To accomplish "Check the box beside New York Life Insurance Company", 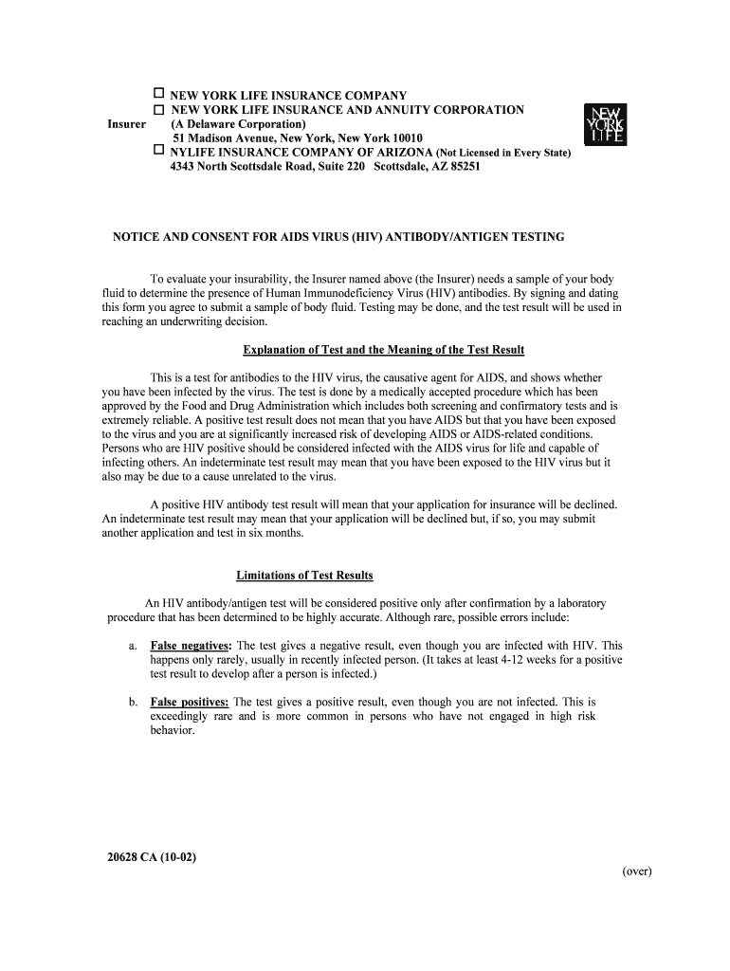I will point(159,95).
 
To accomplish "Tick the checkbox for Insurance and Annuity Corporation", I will point(159,110).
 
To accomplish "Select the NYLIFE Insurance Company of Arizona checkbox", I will point(159,151).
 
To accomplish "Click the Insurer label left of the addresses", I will point(126,124).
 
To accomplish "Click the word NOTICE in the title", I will point(137,237).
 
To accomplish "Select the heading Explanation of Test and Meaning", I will point(383,350).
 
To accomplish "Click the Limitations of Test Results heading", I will point(304,576).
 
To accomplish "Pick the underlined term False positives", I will point(189,702).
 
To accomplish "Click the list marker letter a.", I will point(132,645).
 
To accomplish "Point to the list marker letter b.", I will point(133,702).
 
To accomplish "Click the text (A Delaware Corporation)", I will point(238,124).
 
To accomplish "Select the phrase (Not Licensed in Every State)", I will point(503,153).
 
